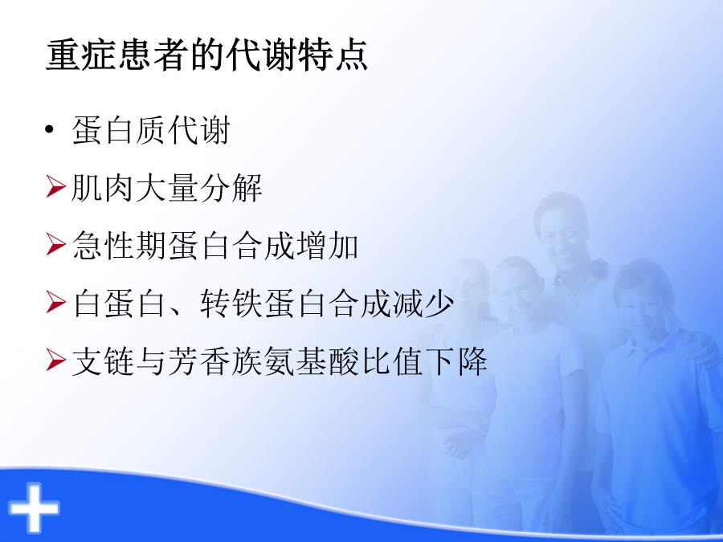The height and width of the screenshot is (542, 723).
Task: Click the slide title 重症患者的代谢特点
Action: point(206,55)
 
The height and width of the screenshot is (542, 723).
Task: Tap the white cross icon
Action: point(34,507)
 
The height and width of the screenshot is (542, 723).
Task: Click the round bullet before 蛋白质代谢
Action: point(50,130)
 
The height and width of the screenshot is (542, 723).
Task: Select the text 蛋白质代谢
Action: point(151,130)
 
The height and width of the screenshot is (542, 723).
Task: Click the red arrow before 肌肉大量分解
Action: point(55,188)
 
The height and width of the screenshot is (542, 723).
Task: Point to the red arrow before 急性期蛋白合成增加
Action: point(55,245)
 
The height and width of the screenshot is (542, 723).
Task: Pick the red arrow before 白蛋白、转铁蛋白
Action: point(55,303)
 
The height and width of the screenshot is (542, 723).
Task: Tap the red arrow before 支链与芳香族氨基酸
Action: point(55,360)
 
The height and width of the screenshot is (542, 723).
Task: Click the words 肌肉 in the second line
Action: point(102,188)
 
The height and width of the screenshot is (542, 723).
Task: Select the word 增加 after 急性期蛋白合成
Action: point(328,245)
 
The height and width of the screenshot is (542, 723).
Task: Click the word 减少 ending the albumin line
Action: point(423,303)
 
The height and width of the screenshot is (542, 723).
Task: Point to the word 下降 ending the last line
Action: point(456,360)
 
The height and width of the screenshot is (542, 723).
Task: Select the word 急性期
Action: point(119,245)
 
